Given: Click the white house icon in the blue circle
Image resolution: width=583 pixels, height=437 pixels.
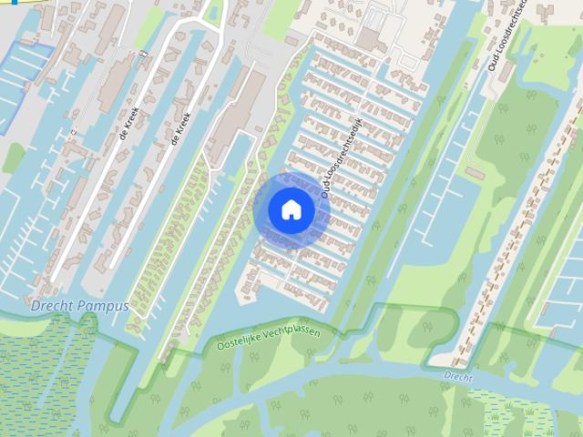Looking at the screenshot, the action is pyautogui.click(x=291, y=209).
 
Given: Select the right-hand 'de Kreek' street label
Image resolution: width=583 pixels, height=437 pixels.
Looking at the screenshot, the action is pyautogui.click(x=179, y=128).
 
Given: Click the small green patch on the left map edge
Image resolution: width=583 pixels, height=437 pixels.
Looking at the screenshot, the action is pyautogui.click(x=13, y=157).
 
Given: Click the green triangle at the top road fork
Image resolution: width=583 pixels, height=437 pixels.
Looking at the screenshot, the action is pyautogui.click(x=215, y=13).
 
